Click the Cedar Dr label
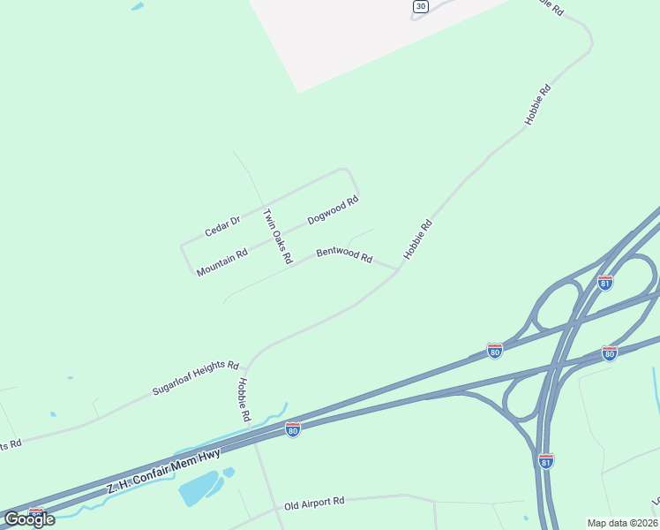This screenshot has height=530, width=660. [x=222, y=226]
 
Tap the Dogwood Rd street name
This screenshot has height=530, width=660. [x=333, y=209]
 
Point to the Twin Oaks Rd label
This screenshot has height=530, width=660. [x=277, y=237]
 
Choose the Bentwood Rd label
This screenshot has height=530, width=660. [x=344, y=254]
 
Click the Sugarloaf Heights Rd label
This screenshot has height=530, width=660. [x=196, y=376]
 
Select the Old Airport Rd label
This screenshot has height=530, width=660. [x=314, y=503]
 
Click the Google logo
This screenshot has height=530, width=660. [x=29, y=519]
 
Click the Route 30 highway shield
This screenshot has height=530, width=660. [x=420, y=6]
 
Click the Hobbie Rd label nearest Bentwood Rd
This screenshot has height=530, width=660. [x=418, y=238]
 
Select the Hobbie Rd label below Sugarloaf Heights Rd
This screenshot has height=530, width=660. [x=244, y=399]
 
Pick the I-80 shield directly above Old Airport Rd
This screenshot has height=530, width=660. [x=293, y=429]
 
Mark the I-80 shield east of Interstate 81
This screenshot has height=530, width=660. [x=609, y=352]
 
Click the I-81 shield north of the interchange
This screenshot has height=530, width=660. [x=605, y=283]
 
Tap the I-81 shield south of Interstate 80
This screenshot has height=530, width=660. [x=546, y=460]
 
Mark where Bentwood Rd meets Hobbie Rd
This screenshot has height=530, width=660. [x=399, y=269]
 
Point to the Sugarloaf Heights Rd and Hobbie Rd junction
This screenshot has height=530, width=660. [x=247, y=365]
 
